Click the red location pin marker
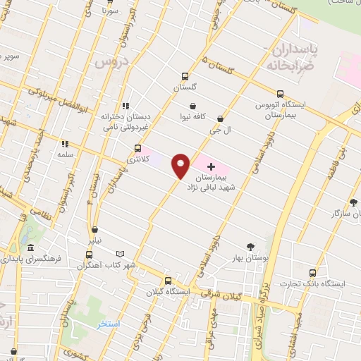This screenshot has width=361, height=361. pos(180,166)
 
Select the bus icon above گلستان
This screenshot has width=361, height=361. pos(185,77)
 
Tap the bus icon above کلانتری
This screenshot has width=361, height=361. pos(137,149)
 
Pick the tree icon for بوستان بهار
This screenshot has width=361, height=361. pos(250,247)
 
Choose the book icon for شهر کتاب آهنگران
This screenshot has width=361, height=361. pos(120,255)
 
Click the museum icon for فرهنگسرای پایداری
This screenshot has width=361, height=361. pos(30,248)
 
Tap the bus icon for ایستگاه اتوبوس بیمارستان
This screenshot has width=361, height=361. pos(281,94)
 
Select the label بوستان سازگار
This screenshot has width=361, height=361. pos(335,213)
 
